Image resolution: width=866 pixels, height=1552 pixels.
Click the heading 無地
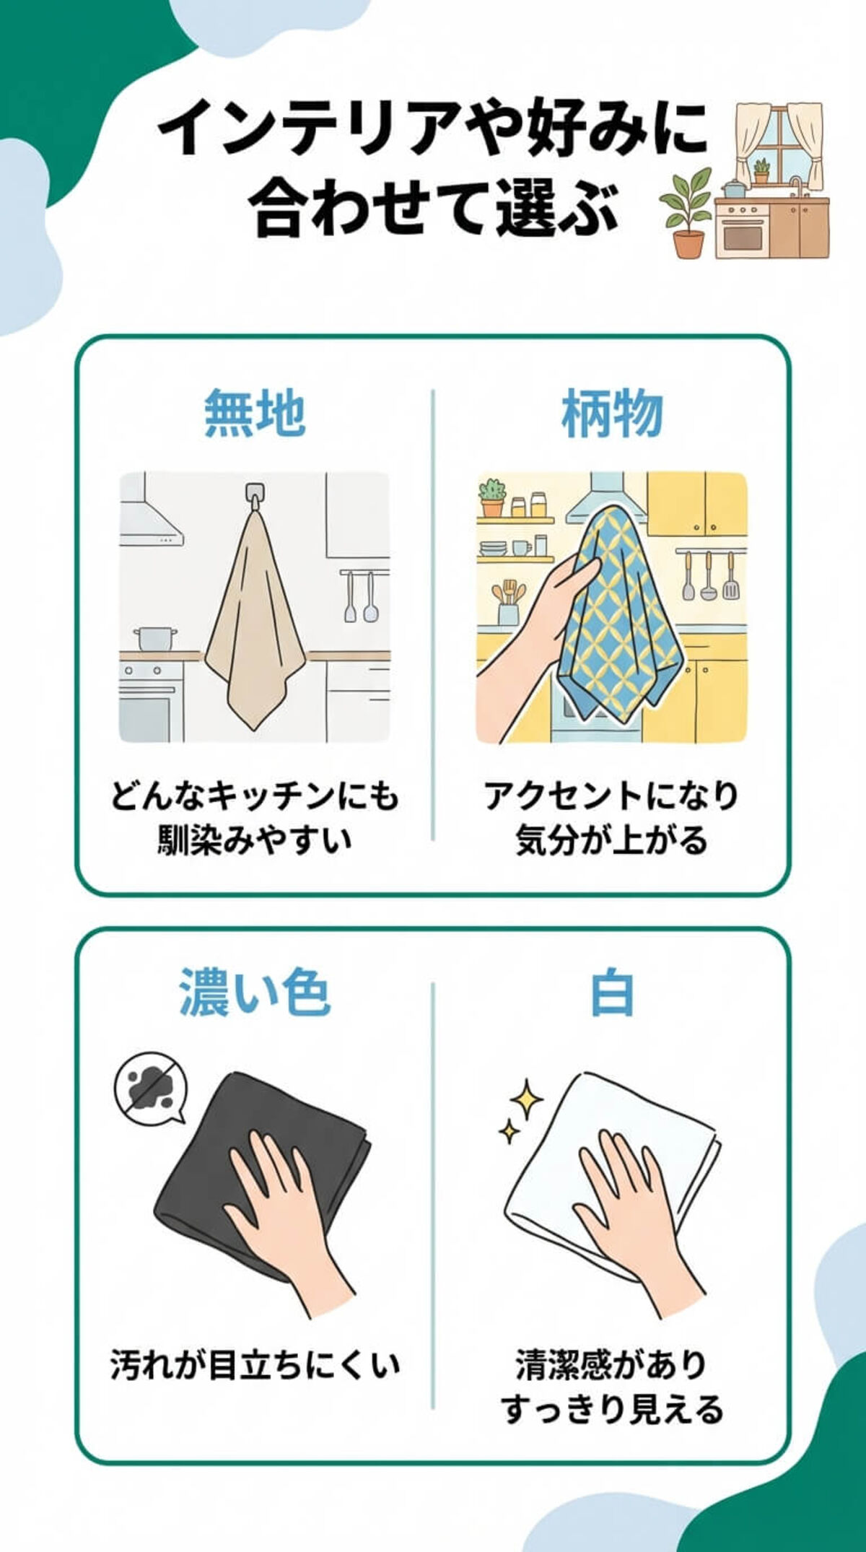[254, 413]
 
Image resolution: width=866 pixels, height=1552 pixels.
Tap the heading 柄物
[612, 413]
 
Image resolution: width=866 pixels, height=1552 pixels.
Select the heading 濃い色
[254, 992]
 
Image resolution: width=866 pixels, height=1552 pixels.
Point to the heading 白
[612, 993]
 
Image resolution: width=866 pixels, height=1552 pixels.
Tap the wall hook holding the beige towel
[253, 494]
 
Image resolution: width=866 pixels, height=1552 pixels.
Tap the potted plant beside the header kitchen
[685, 213]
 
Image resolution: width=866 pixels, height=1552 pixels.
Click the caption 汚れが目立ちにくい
[254, 1364]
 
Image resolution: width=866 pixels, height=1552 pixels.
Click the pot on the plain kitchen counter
[155, 638]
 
